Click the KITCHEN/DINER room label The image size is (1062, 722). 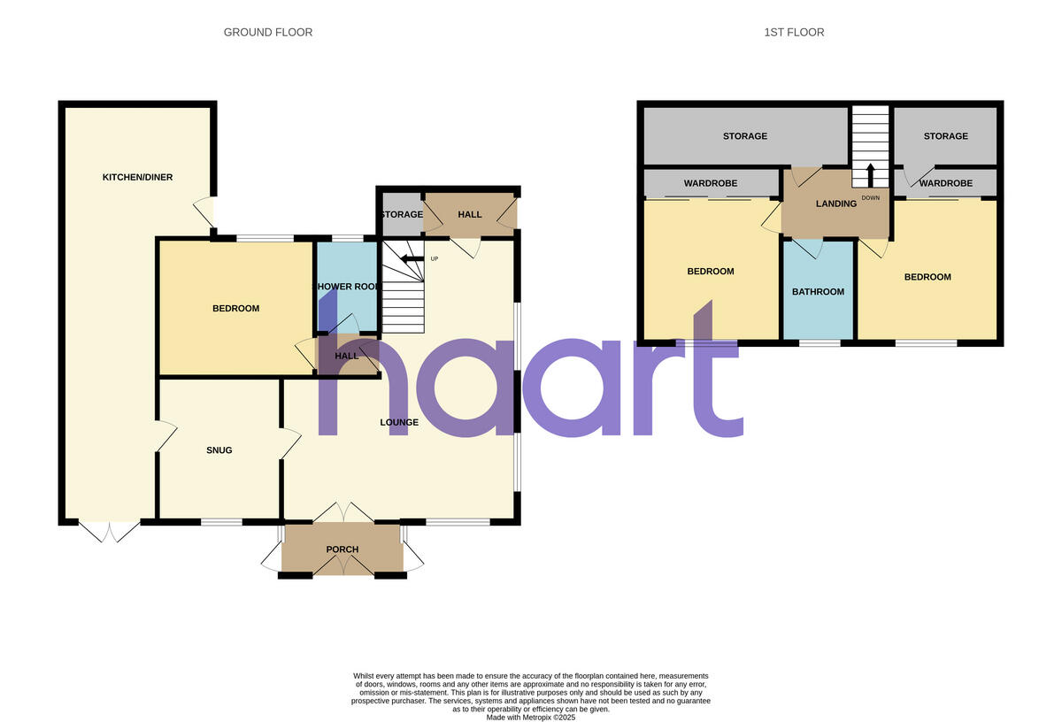click(x=137, y=177)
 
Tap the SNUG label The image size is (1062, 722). click(x=219, y=450)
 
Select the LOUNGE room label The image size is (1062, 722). click(x=399, y=422)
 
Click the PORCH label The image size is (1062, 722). click(x=342, y=549)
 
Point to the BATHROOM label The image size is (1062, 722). click(x=818, y=292)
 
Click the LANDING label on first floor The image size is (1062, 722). click(x=836, y=204)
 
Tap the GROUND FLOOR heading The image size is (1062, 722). click(x=267, y=33)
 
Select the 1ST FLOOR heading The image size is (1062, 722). click(x=794, y=33)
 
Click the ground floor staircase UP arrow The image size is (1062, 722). click(x=411, y=258)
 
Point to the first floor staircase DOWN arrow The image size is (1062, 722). click(x=870, y=173)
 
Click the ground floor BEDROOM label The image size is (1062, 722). click(x=235, y=309)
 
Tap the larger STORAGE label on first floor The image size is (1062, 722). click(x=744, y=136)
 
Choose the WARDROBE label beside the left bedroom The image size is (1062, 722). click(x=711, y=184)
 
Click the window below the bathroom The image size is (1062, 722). click(x=819, y=342)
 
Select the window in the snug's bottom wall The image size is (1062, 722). click(x=221, y=521)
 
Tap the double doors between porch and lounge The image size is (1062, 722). click(x=342, y=512)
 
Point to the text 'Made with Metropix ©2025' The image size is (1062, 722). click(x=531, y=718)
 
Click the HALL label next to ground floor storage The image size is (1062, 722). click(x=470, y=215)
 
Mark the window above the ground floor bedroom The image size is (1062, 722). click(x=265, y=237)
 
